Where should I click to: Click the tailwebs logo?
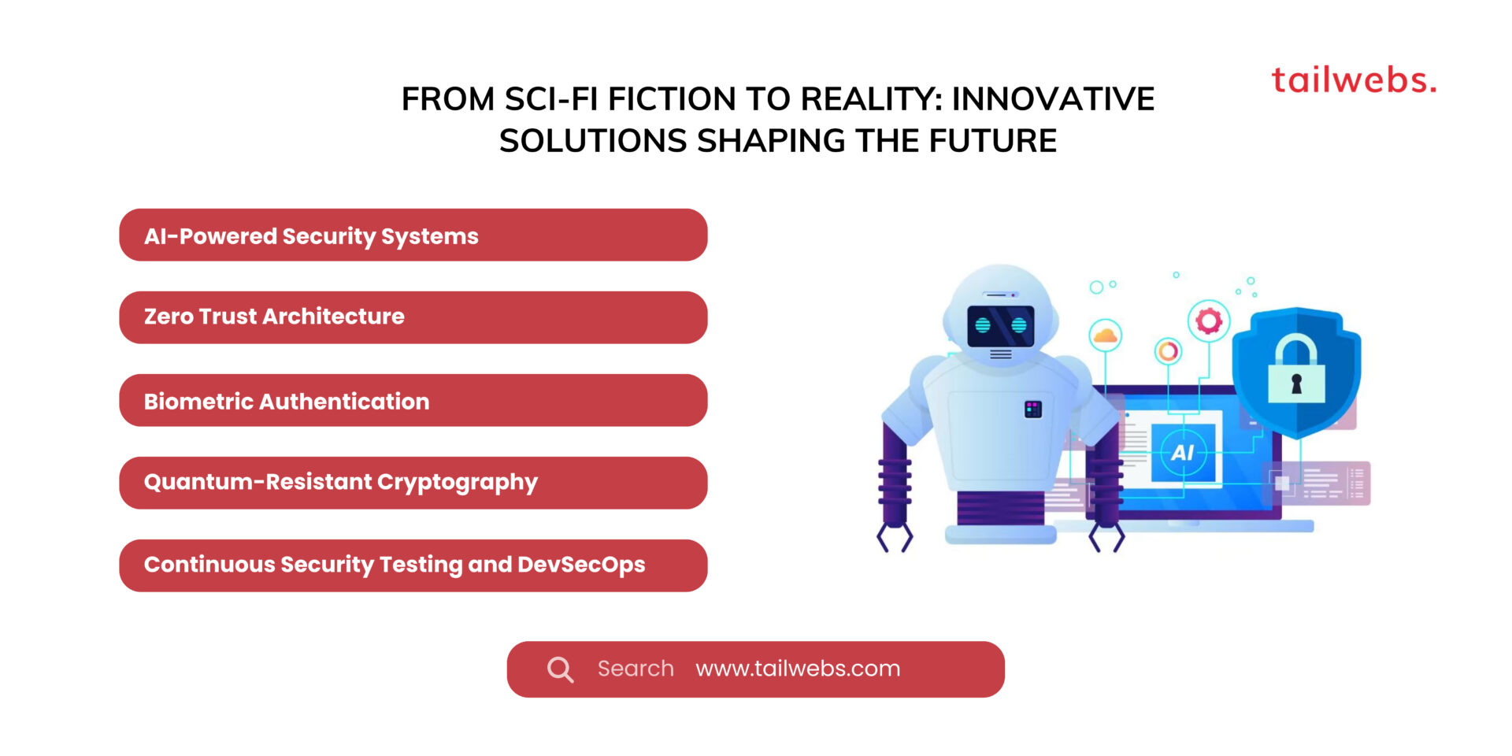[x=1354, y=80]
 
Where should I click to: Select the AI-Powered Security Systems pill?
[x=413, y=235]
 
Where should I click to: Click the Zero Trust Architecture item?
[x=413, y=317]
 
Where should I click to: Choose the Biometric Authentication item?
[x=413, y=401]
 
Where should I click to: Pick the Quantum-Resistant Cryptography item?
[x=413, y=483]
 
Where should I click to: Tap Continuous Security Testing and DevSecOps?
[x=413, y=565]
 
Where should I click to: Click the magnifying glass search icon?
[x=560, y=669]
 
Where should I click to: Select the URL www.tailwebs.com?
[x=798, y=669]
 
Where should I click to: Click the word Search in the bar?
[x=636, y=669]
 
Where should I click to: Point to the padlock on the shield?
[x=1296, y=369]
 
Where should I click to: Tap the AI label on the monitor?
[x=1183, y=453]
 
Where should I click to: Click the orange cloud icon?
[x=1106, y=335]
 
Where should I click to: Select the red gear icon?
[x=1209, y=321]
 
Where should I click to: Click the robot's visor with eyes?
[x=1001, y=325]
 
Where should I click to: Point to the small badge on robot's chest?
[x=1033, y=409]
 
